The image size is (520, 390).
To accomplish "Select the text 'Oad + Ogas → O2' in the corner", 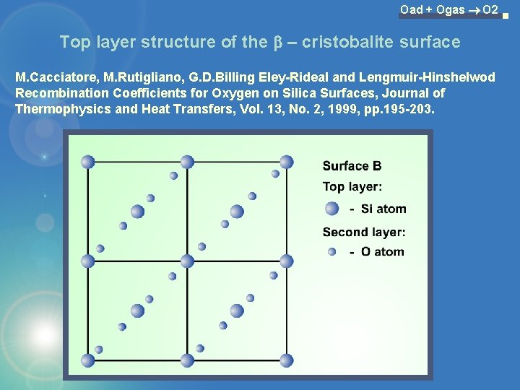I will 449,9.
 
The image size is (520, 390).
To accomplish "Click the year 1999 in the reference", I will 354,109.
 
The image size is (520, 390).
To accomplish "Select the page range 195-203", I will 411,109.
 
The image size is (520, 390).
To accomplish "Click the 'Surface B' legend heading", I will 352,166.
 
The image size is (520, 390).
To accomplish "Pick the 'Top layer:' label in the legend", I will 352,187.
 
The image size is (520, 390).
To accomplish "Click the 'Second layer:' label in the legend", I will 364,232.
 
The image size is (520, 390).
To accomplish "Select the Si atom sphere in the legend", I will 331,209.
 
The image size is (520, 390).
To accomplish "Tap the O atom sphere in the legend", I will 331,252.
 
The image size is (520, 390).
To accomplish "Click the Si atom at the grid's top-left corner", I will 88,162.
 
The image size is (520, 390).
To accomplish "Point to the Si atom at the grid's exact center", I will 187,261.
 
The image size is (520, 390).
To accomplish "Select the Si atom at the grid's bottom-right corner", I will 287,360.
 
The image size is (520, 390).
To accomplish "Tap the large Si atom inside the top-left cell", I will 137,212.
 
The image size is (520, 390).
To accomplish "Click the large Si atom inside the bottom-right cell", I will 237,311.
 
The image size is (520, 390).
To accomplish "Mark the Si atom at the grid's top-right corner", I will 287,162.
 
